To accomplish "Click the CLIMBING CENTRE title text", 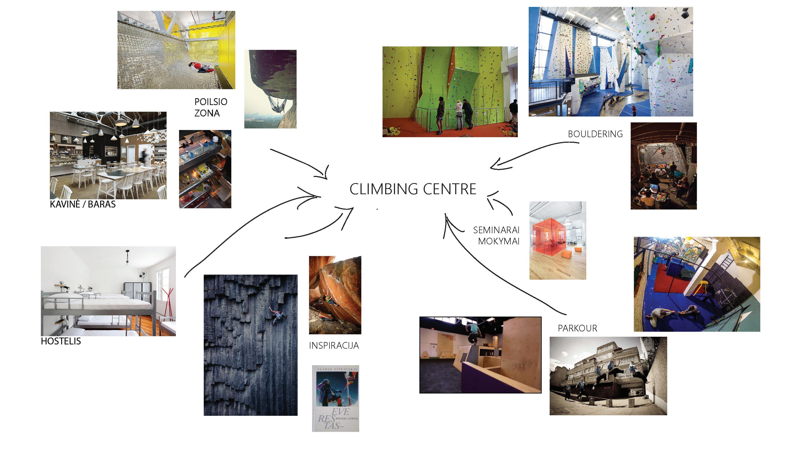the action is tap(413, 189).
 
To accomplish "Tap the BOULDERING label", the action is tap(595, 134).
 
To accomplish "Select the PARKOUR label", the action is tap(577, 328).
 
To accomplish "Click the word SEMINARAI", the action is tap(496, 230).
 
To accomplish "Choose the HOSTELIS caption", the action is tap(61, 341).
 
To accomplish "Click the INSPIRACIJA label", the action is tap(334, 345).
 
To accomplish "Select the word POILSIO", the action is tap(211, 102).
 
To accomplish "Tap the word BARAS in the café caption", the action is tap(102, 205).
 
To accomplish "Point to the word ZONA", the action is tap(207, 113).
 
